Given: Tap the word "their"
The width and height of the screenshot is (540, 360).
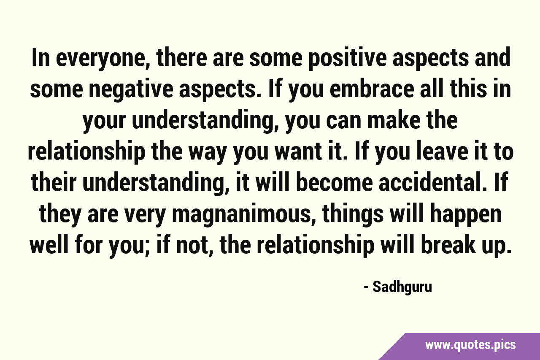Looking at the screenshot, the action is tap(54, 183).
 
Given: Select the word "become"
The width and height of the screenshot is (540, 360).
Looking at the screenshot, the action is tap(335, 183).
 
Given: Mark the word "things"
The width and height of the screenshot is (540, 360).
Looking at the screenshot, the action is tap(353, 214).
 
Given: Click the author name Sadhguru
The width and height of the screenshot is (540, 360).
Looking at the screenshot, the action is tap(402, 287).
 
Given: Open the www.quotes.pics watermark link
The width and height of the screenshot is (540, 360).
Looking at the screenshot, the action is tap(470, 345).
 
